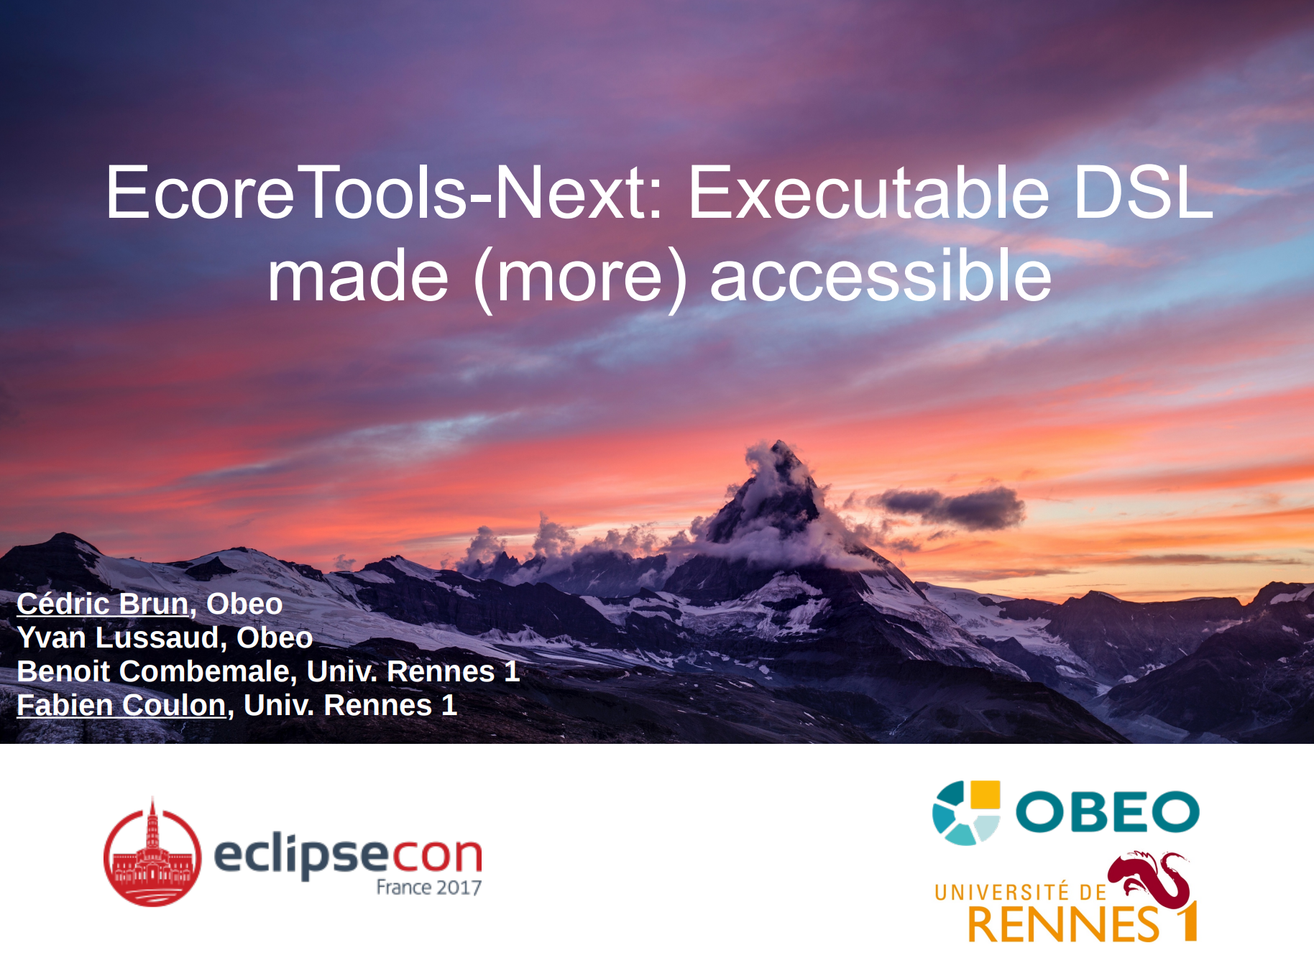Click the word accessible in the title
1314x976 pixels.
click(x=881, y=276)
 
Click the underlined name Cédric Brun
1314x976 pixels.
click(x=102, y=604)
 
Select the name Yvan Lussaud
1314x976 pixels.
click(x=117, y=637)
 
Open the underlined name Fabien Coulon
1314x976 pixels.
click(x=121, y=705)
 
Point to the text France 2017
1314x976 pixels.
click(x=429, y=888)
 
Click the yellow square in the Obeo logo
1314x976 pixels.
click(x=985, y=796)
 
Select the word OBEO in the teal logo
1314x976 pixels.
click(x=1108, y=812)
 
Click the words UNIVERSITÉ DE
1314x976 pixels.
click(x=1021, y=892)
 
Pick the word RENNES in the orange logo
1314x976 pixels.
click(x=1063, y=924)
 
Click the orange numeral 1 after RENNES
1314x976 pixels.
click(x=1187, y=921)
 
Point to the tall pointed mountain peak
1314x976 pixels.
click(x=778, y=449)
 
